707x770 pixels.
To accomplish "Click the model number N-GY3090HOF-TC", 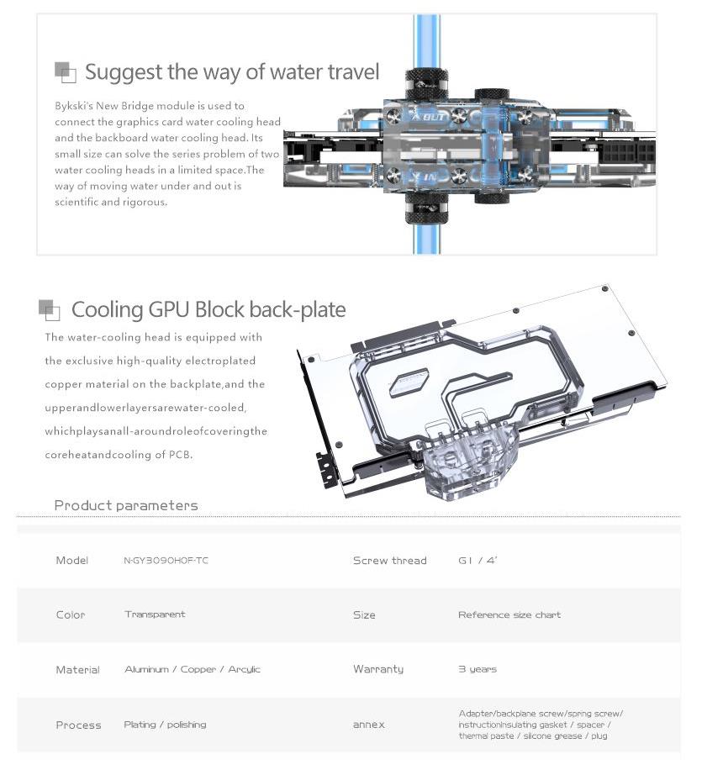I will pyautogui.click(x=166, y=561).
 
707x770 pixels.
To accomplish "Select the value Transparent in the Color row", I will pyautogui.click(x=155, y=614).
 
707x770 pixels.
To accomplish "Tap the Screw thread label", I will pyautogui.click(x=389, y=561).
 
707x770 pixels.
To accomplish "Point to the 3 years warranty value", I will pyautogui.click(x=477, y=669).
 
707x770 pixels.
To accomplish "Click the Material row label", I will pyautogui.click(x=77, y=670).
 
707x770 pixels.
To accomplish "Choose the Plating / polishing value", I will pyautogui.click(x=165, y=725).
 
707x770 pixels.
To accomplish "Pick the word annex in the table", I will pyautogui.click(x=368, y=725).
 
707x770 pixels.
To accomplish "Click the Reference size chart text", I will pyautogui.click(x=509, y=614).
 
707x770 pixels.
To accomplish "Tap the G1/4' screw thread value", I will pyautogui.click(x=477, y=561).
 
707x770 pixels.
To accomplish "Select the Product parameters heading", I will pyautogui.click(x=126, y=505).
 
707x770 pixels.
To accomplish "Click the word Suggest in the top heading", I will pyautogui.click(x=124, y=72).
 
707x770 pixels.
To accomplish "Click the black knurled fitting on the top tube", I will pyautogui.click(x=426, y=84).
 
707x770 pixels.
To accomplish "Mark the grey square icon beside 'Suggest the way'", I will pyautogui.click(x=65, y=71).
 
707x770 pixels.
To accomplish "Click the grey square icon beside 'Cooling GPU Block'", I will pyautogui.click(x=50, y=309).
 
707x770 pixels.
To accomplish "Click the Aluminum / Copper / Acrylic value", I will pyautogui.click(x=193, y=670).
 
